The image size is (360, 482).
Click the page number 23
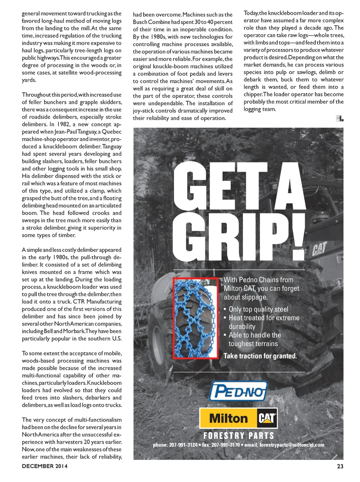(x=340, y=466)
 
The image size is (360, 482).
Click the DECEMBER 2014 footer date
(x=45, y=466)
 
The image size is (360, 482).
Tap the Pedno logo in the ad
(x=238, y=391)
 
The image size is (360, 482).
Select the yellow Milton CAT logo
(x=238, y=418)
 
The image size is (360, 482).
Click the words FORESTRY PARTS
(x=239, y=436)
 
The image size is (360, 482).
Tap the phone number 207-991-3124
(x=183, y=445)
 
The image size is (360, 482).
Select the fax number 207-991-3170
(x=226, y=445)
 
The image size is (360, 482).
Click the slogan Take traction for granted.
(x=260, y=356)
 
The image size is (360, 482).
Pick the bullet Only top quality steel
(x=258, y=309)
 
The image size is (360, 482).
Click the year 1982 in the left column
(x=63, y=124)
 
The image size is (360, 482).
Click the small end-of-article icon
(x=340, y=119)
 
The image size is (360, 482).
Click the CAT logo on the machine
(x=320, y=248)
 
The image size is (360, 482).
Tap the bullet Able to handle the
(x=255, y=335)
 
